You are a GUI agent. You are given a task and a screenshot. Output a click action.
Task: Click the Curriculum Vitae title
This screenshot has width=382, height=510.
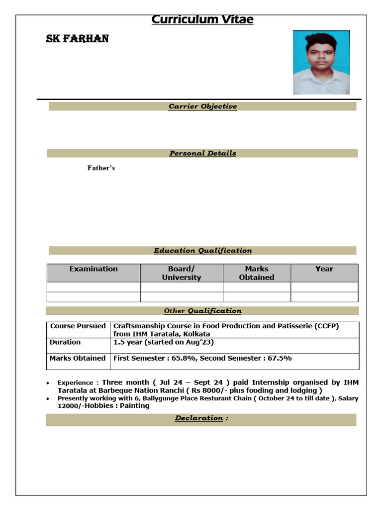pyautogui.click(x=202, y=20)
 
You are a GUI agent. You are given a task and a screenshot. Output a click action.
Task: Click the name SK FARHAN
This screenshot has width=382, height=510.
pyautogui.click(x=77, y=39)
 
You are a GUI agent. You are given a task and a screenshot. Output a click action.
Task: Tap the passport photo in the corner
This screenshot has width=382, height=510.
pyautogui.click(x=321, y=62)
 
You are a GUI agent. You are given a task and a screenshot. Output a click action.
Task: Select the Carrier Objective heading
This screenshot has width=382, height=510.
pyautogui.click(x=202, y=107)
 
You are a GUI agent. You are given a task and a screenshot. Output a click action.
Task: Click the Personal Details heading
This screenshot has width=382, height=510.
pyautogui.click(x=202, y=153)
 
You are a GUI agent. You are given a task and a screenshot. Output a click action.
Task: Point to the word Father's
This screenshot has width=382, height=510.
pyautogui.click(x=101, y=168)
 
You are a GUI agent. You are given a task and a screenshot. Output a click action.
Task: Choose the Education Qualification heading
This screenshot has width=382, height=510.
pyautogui.click(x=202, y=251)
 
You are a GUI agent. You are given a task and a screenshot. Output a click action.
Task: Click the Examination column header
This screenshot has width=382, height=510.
pyautogui.click(x=94, y=269)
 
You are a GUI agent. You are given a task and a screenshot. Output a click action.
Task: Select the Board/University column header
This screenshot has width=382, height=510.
pyautogui.click(x=182, y=273)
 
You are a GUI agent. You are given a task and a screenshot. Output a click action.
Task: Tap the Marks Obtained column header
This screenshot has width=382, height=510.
pyautogui.click(x=256, y=273)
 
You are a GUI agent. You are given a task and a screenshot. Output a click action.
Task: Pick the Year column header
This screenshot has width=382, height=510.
pyautogui.click(x=324, y=269)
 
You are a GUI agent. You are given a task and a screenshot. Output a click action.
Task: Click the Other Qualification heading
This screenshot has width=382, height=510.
pyautogui.click(x=202, y=311)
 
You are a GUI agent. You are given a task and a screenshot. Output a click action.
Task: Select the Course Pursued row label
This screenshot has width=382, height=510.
pyautogui.click(x=78, y=326)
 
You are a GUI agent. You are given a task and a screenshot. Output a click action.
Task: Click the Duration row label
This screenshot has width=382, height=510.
pyautogui.click(x=65, y=342)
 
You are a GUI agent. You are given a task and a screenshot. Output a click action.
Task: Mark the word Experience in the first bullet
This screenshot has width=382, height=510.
pyautogui.click(x=75, y=383)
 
